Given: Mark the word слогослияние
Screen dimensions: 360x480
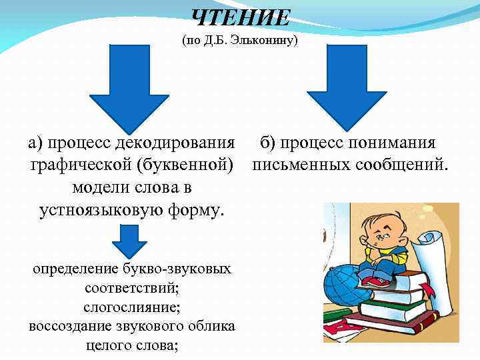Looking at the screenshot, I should click(x=132, y=307).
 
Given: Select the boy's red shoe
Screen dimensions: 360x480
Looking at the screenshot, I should click(x=377, y=282).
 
